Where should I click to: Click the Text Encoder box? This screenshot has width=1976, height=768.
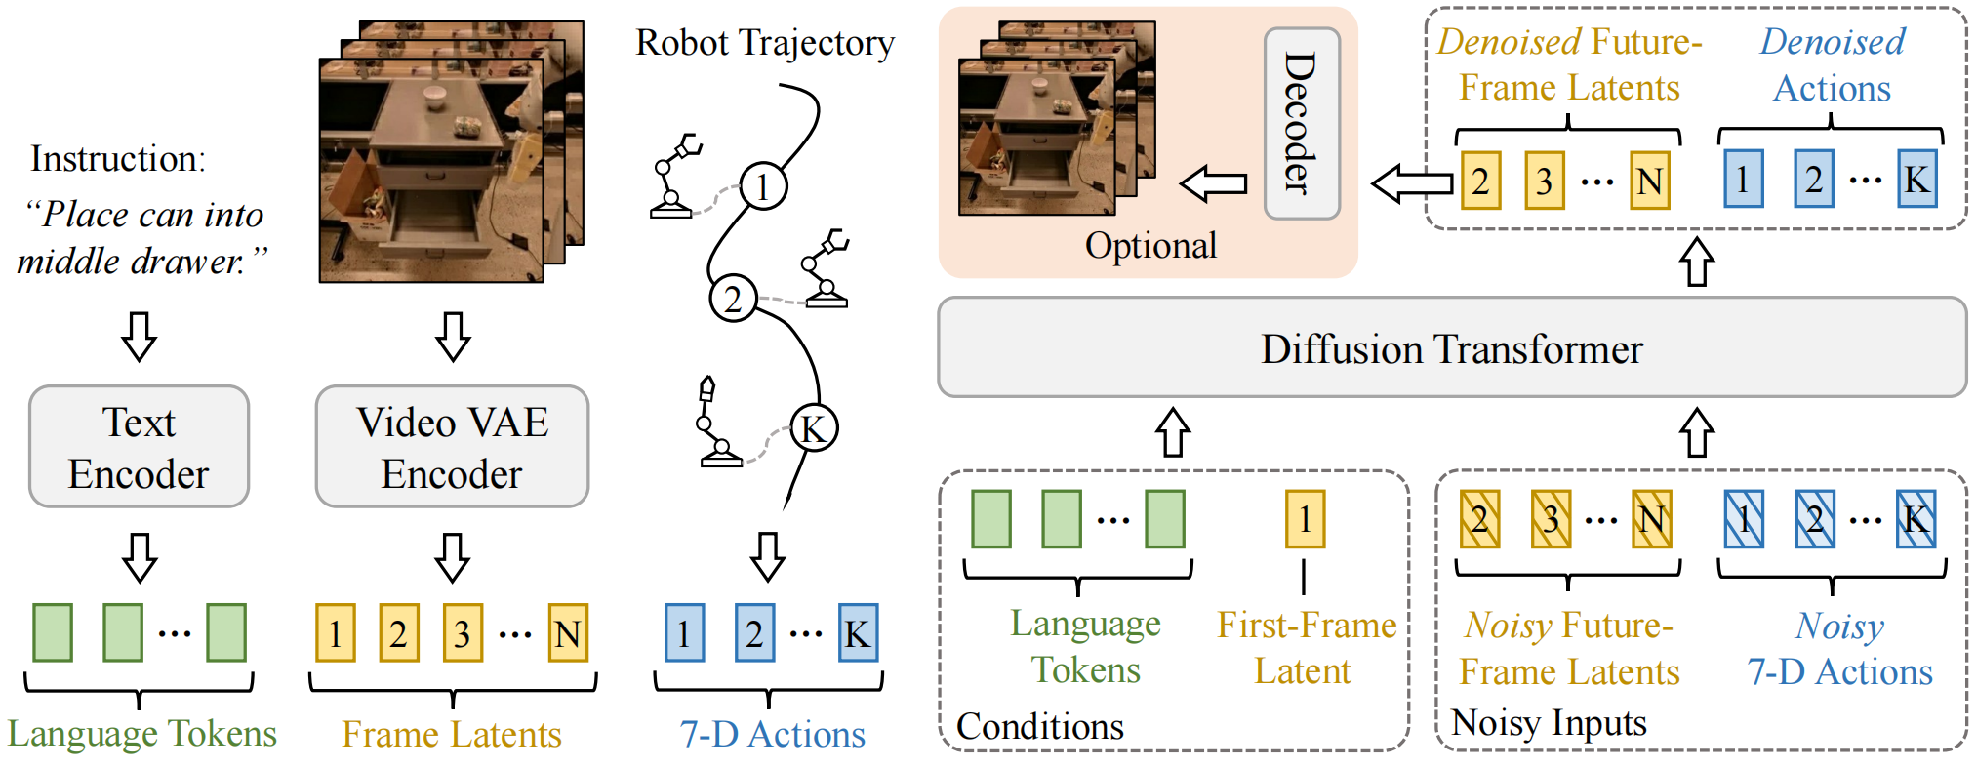tap(139, 447)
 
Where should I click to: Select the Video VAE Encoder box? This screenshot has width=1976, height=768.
tap(452, 447)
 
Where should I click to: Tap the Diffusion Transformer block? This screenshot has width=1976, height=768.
tap(1451, 348)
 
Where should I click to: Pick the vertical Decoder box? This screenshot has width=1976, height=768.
tap(1302, 123)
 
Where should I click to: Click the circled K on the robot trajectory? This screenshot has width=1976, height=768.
tap(813, 427)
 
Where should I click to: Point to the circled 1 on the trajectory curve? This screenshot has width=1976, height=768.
tap(763, 185)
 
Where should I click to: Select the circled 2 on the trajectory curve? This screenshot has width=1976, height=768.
tap(733, 299)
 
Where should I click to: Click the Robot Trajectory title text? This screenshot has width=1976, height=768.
tap(764, 43)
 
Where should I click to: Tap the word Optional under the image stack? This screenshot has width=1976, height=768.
tap(1150, 245)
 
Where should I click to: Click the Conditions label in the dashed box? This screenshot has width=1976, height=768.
tap(1040, 726)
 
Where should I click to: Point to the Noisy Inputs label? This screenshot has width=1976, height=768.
tap(1549, 723)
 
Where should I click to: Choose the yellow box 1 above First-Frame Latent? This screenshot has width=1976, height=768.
tap(1305, 518)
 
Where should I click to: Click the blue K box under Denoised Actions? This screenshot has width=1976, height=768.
tap(1916, 180)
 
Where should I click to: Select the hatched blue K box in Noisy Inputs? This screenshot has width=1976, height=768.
tap(1916, 518)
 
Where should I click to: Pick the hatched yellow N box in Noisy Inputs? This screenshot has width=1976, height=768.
tap(1651, 518)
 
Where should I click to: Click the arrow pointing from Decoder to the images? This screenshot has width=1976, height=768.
tap(1214, 182)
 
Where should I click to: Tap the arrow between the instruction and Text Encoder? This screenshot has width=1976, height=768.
tap(139, 336)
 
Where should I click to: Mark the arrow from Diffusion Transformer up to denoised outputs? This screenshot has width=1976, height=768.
tap(1697, 262)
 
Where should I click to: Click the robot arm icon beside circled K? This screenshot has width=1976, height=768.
tap(716, 424)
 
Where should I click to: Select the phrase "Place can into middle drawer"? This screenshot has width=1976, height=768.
tap(141, 237)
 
